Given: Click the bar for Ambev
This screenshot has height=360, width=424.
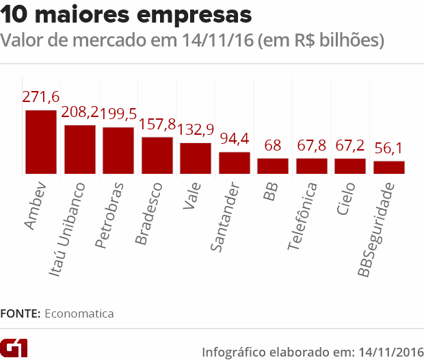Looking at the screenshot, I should tap(40, 142).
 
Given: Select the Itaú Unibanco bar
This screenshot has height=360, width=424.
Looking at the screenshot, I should tap(79, 149).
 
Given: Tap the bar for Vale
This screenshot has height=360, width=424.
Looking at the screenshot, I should tap(196, 158).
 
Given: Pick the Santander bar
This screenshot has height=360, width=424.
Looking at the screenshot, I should tap(234, 163).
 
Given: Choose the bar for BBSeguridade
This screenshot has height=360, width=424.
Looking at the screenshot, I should tap(388, 167).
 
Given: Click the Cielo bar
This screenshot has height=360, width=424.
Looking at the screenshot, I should tap(350, 166).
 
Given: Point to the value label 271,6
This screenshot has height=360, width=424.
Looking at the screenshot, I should tap(40, 98).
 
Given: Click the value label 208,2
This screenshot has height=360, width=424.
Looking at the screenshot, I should tap(79, 113).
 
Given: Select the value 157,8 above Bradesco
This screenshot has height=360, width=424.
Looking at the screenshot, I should tap(157, 125).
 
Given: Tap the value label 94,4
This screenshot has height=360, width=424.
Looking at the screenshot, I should tap(234, 140).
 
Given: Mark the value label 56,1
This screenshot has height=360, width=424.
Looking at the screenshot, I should tap(388, 149).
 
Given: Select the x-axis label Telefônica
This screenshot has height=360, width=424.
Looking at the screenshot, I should tap(302, 215).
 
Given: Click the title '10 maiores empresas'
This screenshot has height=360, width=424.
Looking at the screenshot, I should tap(126, 14).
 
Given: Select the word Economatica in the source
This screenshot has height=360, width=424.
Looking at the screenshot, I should tap(79, 313).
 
